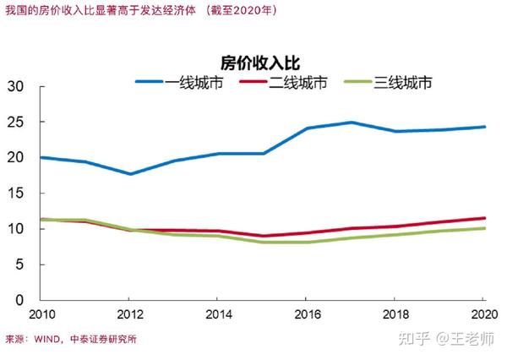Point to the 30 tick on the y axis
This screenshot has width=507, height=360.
pyautogui.click(x=14, y=87)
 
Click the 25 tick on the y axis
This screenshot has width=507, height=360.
pyautogui.click(x=14, y=123)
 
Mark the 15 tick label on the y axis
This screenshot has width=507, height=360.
pyautogui.click(x=14, y=194)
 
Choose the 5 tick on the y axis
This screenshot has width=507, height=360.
pyautogui.click(x=19, y=265)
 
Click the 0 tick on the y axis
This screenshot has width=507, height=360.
pyautogui.click(x=19, y=300)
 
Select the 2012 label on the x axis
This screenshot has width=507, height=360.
pyautogui.click(x=128, y=316)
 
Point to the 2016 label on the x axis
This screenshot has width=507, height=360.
pyautogui.click(x=306, y=316)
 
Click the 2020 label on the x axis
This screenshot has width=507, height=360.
pyautogui.click(x=482, y=316)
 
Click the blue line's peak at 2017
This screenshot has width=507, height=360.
pyautogui.click(x=351, y=123)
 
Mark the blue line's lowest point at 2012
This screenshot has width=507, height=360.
pyautogui.click(x=128, y=174)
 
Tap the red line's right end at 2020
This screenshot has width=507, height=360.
pyautogui.click(x=484, y=218)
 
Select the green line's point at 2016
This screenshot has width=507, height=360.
pyautogui.click(x=306, y=243)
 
